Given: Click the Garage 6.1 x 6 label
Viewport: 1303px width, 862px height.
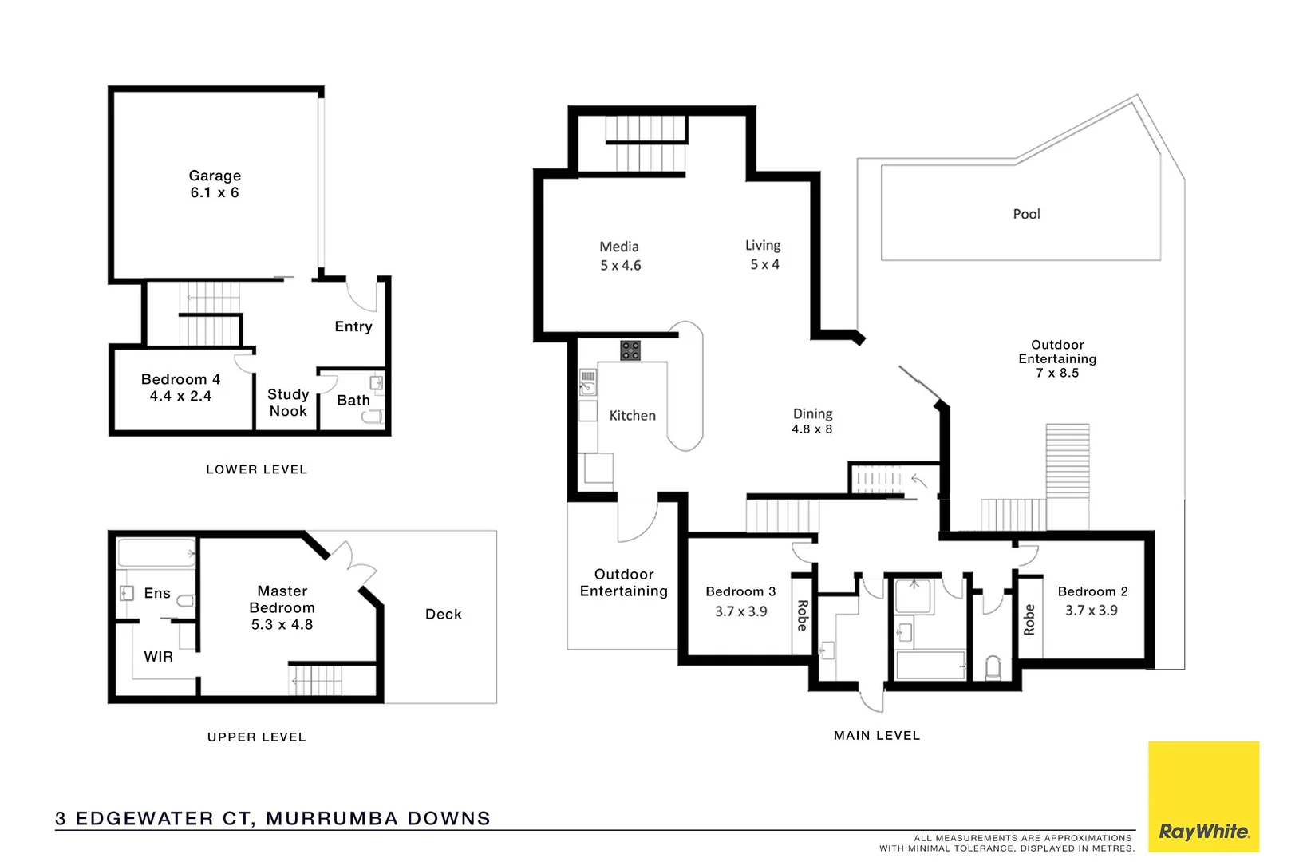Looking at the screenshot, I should tap(215, 184).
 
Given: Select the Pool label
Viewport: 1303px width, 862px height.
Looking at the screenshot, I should tap(1026, 214).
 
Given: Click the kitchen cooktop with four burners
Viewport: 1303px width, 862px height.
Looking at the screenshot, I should tap(630, 350).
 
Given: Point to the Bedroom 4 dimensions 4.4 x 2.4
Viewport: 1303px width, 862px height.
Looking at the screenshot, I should tap(180, 397).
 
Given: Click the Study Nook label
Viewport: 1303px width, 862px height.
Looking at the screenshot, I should tap(288, 403).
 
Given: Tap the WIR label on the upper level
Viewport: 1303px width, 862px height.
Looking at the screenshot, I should tap(158, 657).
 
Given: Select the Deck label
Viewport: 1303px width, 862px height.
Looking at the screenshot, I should tap(444, 614).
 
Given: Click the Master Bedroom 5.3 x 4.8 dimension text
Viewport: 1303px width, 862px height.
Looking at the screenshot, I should tap(282, 625).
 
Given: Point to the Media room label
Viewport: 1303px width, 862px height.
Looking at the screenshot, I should tap(619, 247).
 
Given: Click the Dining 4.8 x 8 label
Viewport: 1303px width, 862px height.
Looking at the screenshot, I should tap(812, 421).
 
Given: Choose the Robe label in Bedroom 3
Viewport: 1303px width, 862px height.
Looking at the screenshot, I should tap(802, 615).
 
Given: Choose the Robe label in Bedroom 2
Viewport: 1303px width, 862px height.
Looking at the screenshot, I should tap(1029, 619).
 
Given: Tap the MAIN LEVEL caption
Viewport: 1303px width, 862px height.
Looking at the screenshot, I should tap(877, 736).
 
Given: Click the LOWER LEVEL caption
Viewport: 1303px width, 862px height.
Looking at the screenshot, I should tap(256, 469).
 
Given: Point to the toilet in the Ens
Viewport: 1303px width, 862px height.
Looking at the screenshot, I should tap(185, 601).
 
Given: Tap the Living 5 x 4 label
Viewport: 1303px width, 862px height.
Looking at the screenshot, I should tap(764, 255).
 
